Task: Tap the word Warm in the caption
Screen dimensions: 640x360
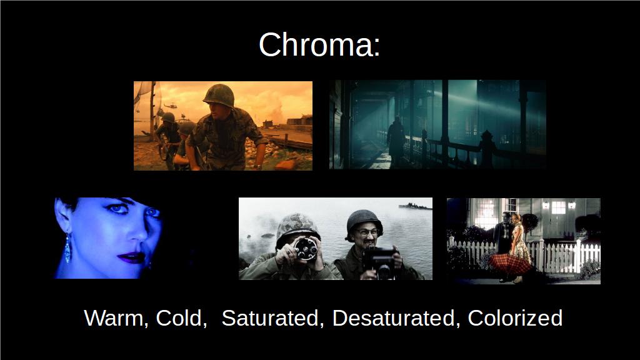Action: tap(114, 318)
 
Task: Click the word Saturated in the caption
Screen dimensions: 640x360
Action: tap(270, 318)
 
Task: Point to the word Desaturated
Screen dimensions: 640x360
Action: tap(394, 318)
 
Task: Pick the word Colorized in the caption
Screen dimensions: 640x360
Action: tap(515, 318)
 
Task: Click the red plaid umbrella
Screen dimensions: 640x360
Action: tap(510, 264)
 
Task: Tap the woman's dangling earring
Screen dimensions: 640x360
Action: tap(67, 248)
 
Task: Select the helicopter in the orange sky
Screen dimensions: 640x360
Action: tap(170, 106)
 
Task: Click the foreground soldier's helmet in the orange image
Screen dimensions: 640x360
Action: tap(219, 95)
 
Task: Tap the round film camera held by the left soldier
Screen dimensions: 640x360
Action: tap(306, 248)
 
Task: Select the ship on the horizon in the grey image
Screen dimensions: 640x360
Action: tap(415, 206)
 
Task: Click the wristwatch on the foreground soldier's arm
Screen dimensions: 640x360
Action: tap(257, 166)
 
